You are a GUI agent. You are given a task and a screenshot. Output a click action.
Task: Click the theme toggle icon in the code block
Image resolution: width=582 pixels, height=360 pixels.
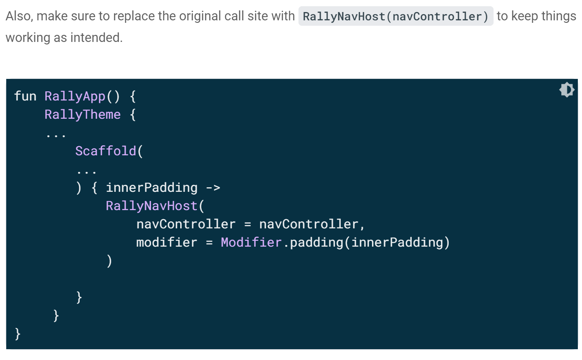(x=567, y=90)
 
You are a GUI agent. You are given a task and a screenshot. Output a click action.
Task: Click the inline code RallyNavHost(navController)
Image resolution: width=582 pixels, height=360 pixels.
(x=396, y=17)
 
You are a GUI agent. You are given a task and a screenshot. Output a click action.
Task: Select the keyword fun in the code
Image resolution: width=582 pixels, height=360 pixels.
(x=25, y=96)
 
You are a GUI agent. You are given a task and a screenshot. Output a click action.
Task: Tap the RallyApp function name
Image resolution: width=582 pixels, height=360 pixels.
(x=75, y=96)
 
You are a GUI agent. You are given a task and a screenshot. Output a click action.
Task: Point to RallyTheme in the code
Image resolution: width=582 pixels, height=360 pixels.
(x=83, y=115)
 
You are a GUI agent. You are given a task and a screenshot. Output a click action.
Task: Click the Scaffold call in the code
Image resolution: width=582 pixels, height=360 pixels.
(x=105, y=151)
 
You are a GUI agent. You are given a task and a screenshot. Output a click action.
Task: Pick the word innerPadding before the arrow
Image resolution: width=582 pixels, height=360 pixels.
(x=152, y=188)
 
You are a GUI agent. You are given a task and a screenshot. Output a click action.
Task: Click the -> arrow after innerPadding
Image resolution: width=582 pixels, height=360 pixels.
(x=213, y=188)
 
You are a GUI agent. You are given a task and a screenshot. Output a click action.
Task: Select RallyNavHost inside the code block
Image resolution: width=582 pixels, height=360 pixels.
(x=152, y=206)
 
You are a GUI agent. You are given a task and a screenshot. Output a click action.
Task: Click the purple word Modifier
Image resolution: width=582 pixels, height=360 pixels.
(x=251, y=242)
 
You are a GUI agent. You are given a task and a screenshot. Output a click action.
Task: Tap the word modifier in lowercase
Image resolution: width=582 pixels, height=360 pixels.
(x=167, y=242)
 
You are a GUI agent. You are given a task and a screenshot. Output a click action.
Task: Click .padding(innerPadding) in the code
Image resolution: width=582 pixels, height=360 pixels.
(x=367, y=242)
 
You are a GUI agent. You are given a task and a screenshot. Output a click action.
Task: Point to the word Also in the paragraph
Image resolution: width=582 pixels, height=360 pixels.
(x=19, y=17)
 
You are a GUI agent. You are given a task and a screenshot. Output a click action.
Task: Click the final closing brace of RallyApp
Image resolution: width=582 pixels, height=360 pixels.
(x=17, y=333)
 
